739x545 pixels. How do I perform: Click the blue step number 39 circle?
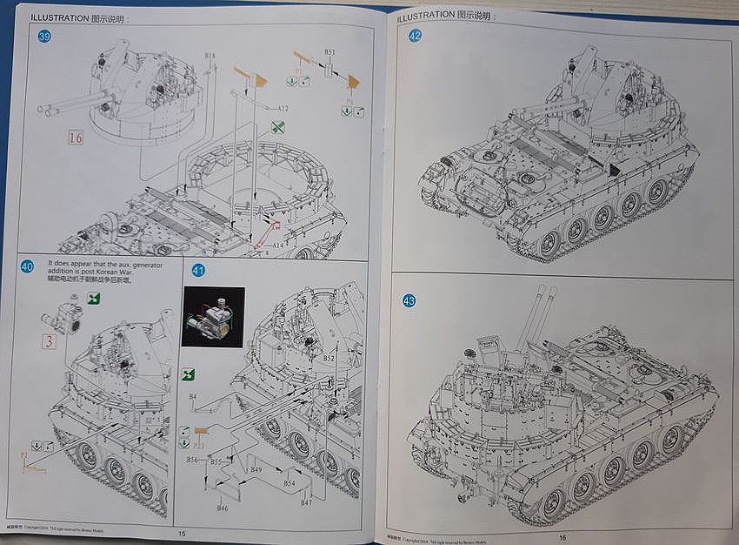[x=44, y=36]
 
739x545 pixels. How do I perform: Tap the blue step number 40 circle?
[x=27, y=266]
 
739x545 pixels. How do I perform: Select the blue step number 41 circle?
[x=198, y=270]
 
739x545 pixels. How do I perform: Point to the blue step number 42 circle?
[x=415, y=36]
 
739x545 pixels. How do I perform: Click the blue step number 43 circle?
[x=409, y=300]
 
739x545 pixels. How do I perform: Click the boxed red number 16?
[x=75, y=137]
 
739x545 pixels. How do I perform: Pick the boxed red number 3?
[x=50, y=341]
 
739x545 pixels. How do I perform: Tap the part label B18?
[x=210, y=57]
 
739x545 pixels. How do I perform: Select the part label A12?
[x=283, y=108]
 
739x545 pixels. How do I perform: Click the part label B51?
[x=330, y=52]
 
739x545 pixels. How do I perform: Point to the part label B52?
[x=329, y=357]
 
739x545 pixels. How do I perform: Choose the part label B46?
[x=223, y=508]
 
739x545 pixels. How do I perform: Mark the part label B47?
[x=306, y=503]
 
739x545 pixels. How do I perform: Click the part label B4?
[x=193, y=396]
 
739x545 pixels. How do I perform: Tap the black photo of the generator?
[x=213, y=316]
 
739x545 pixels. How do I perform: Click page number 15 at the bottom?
[x=182, y=534]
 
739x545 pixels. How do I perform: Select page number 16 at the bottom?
[x=563, y=537]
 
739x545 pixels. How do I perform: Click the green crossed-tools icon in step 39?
[x=276, y=126]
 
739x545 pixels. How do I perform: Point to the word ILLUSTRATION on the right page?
[x=425, y=16]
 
